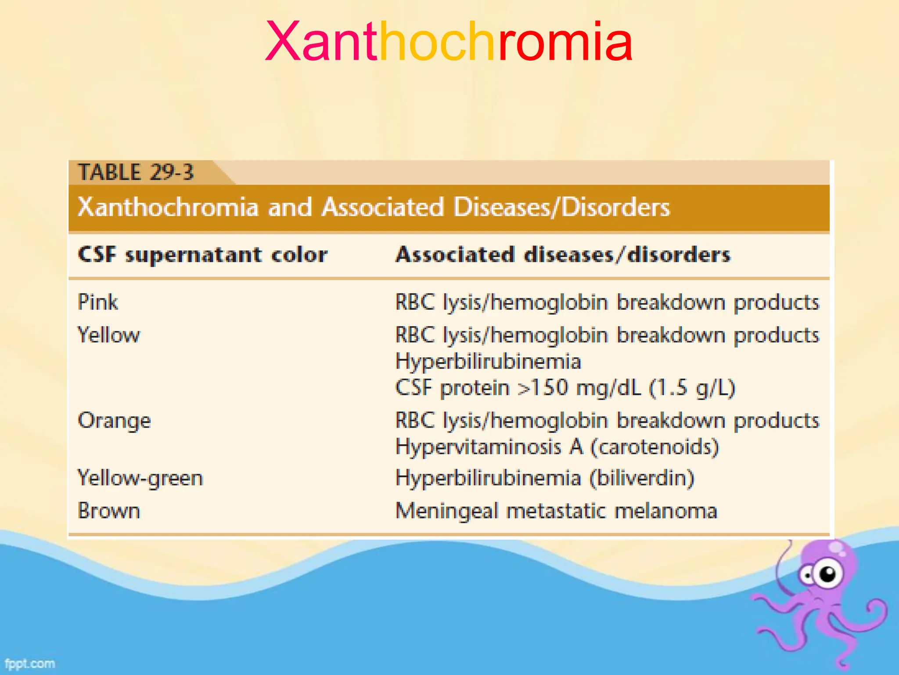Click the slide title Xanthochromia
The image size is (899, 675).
tap(449, 42)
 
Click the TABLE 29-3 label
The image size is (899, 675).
tap(136, 172)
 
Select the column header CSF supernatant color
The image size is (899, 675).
tap(202, 255)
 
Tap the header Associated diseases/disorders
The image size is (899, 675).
tap(563, 255)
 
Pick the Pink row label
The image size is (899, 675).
tap(98, 302)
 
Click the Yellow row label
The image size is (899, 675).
tap(109, 335)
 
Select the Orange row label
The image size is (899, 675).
tap(114, 421)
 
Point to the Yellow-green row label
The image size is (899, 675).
tap(140, 478)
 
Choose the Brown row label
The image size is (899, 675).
tap(109, 511)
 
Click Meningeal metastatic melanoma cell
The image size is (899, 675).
tap(556, 511)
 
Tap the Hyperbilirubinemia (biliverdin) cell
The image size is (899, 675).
tap(545, 478)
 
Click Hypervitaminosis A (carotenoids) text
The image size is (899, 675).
tap(557, 447)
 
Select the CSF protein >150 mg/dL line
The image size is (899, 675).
tap(565, 388)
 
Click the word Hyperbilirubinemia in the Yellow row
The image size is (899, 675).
tap(488, 362)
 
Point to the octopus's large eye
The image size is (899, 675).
tap(828, 573)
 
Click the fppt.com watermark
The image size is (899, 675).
tap(30, 663)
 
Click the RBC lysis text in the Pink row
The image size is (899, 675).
tap(607, 302)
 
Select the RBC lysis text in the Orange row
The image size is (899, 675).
tap(607, 421)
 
